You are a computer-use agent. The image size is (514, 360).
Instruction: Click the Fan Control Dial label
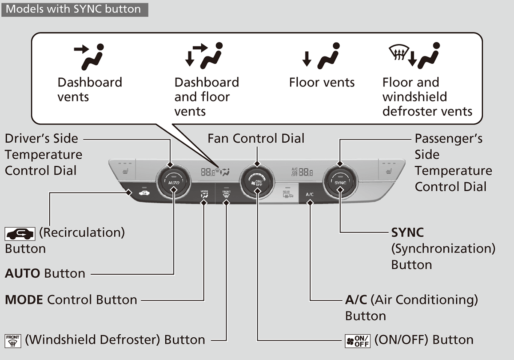coord(256,138)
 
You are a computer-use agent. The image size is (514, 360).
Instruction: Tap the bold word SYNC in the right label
coord(407,232)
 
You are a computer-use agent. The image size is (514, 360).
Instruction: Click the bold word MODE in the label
coord(24,300)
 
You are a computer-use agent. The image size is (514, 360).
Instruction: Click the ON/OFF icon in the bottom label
coord(358,341)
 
